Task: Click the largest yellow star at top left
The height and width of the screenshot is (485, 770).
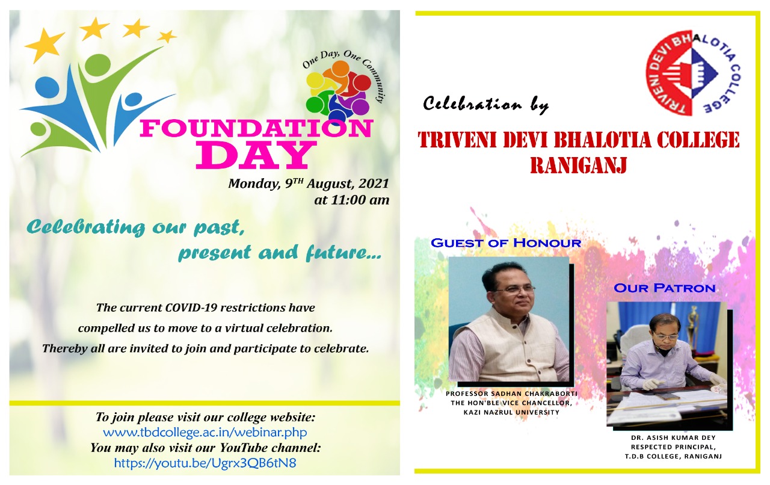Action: point(45,45)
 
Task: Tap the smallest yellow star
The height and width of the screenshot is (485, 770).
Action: point(167,36)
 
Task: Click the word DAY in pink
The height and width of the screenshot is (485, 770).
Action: point(256,155)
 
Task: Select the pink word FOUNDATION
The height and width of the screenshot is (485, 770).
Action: point(256,129)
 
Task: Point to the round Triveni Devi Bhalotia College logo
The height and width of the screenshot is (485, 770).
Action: point(692,73)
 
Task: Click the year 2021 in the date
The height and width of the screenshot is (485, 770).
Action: point(374,184)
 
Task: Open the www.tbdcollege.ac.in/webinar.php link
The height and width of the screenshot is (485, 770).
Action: point(205,433)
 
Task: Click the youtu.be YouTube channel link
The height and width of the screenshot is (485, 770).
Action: point(205,463)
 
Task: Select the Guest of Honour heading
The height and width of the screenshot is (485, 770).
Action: point(506,243)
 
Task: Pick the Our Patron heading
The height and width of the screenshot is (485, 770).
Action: point(665,288)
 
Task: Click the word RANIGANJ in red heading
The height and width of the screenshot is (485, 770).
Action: point(579,165)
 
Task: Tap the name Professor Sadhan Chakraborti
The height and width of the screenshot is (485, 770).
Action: point(511,394)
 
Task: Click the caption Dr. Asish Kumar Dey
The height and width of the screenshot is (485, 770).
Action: point(673,438)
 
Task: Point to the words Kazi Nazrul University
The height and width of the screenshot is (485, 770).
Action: point(511,412)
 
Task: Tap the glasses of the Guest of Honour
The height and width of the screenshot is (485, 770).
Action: point(513,291)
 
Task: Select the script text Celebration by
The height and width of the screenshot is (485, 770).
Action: point(485,104)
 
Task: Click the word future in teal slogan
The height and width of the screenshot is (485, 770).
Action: point(343,253)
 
